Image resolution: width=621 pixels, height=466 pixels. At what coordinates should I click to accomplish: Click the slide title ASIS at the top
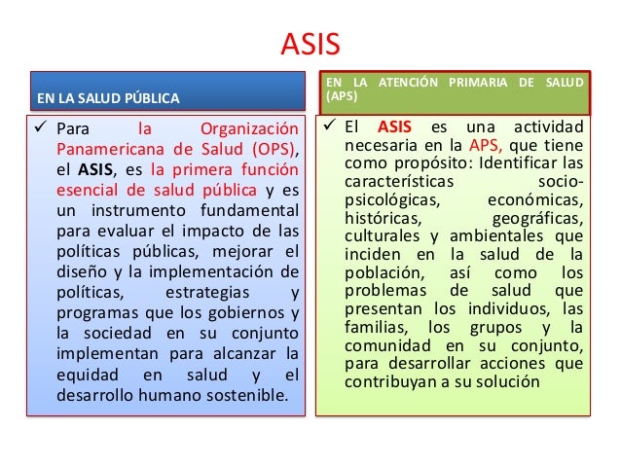tap(310, 45)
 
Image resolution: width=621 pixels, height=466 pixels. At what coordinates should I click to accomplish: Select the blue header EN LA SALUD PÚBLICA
tap(107, 98)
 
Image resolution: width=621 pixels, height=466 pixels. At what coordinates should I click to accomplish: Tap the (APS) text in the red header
tap(342, 98)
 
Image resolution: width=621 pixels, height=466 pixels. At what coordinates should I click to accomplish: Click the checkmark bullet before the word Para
tap(42, 128)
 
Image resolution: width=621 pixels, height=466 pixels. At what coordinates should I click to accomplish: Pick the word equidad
tap(83, 376)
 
